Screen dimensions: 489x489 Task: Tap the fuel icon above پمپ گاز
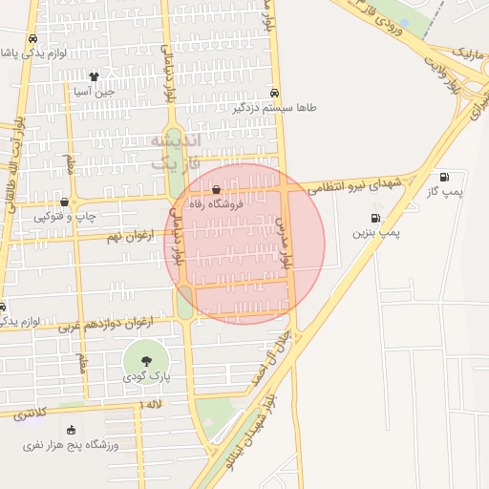444,177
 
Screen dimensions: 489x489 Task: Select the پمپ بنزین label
377,231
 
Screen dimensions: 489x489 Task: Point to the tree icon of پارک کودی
145,361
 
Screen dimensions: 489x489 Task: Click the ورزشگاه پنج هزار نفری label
73,446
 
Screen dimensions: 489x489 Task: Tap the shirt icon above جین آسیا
94,76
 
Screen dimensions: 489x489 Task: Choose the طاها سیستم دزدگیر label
273,108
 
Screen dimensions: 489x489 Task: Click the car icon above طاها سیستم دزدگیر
274,94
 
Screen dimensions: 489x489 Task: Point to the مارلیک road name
467,50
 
